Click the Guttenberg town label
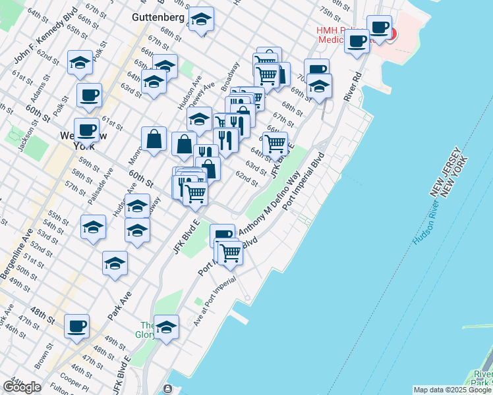[x=158, y=16]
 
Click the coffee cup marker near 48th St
[x=76, y=325]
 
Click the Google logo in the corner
[x=22, y=386]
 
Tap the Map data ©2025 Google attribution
[x=452, y=390]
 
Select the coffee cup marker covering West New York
[x=86, y=130]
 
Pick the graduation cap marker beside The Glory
[x=167, y=327]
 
